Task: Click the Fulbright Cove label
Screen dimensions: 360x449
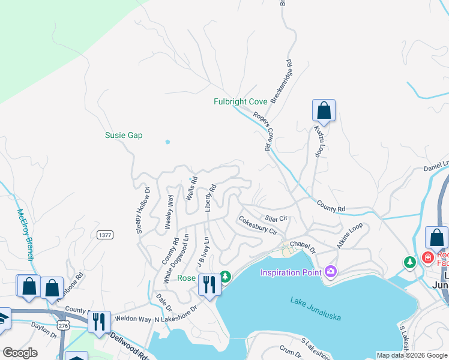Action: (240, 102)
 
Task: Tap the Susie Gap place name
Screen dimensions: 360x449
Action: (124, 136)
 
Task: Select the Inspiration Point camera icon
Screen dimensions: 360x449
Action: (330, 272)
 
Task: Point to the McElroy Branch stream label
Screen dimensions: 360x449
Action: (25, 235)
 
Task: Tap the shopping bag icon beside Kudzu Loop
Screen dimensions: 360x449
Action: (324, 111)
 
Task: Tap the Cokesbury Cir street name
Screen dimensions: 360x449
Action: (258, 226)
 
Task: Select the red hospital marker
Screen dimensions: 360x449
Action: (427, 258)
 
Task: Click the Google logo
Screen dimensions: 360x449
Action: (19, 353)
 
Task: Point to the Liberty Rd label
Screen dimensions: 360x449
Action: (210, 198)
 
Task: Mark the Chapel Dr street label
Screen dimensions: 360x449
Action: (303, 245)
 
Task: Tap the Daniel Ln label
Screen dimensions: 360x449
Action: (436, 166)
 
